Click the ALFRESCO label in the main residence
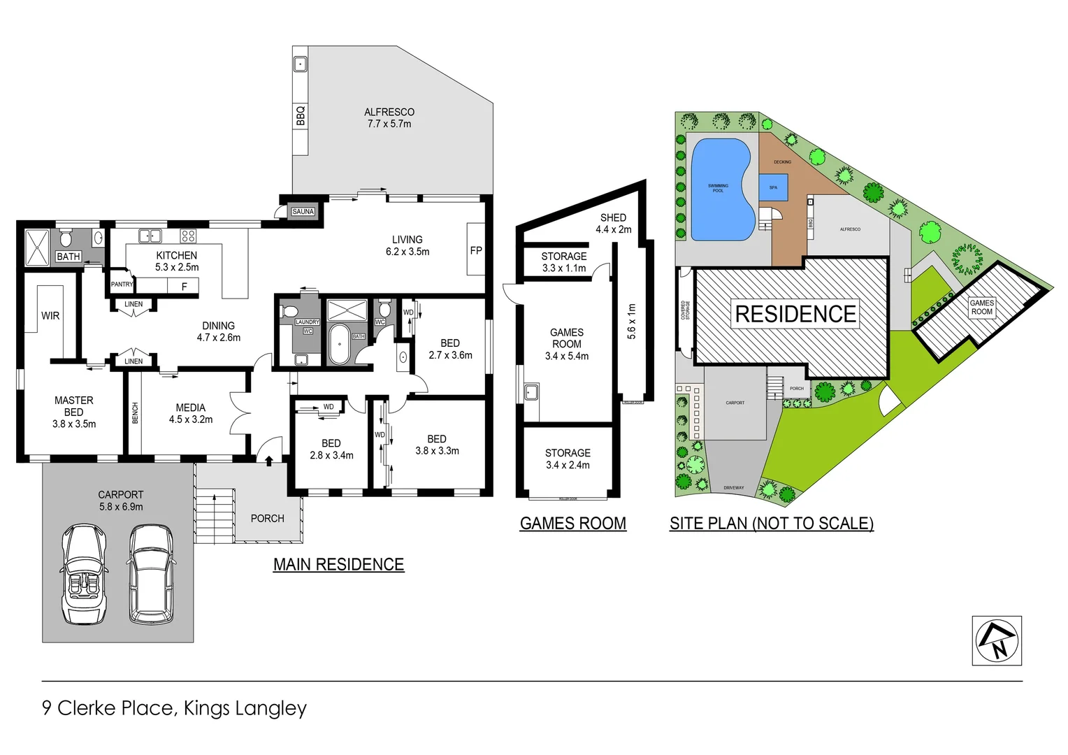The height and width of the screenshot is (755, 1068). [x=389, y=117]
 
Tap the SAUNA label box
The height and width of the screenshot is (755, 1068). [x=303, y=212]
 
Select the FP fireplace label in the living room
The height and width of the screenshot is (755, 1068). [x=476, y=250]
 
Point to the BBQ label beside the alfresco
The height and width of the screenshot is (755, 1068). [x=301, y=115]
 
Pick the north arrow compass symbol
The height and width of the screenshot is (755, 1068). [x=997, y=640]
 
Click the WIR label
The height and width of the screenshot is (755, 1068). [x=50, y=316]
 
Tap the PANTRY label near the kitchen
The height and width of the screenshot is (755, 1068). [x=122, y=285]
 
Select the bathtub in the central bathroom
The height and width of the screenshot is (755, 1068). [x=340, y=344]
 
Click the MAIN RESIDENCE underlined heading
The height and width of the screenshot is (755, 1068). [x=338, y=565]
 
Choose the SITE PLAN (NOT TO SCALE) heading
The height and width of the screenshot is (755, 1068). [x=771, y=524]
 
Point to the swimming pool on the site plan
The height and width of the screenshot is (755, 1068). [x=720, y=189]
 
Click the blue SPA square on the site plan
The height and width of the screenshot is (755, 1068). [x=773, y=187]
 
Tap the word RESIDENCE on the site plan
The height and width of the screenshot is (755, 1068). [x=795, y=315]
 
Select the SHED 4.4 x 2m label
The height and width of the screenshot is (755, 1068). [x=613, y=224]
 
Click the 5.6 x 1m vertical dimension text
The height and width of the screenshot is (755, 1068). [x=632, y=322]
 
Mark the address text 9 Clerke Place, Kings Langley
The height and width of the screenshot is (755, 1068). [x=174, y=708]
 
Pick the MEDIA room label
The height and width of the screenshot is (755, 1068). [x=190, y=413]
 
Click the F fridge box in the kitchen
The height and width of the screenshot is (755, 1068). [x=184, y=287]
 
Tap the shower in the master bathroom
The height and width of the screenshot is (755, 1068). [x=37, y=247]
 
